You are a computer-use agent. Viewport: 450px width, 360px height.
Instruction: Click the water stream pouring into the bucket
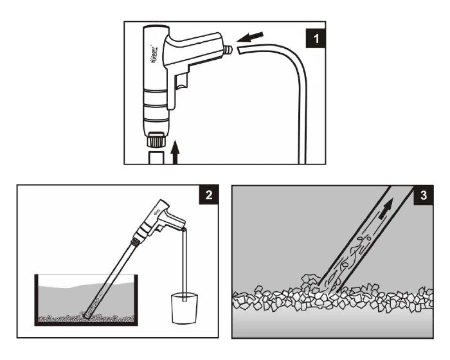point(184,264)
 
